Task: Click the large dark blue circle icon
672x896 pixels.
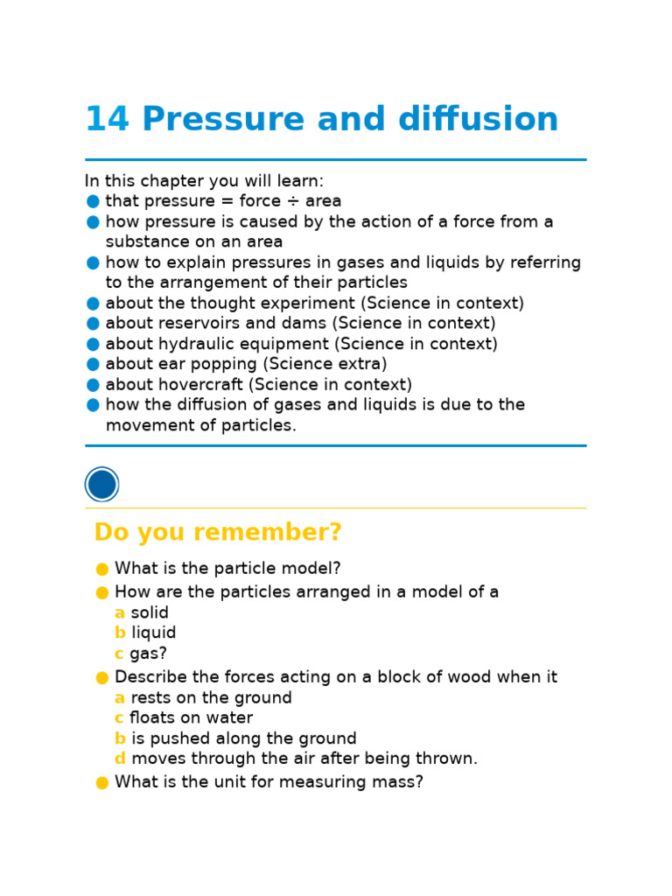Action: pos(102,485)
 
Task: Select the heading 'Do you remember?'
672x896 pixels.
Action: pos(218,533)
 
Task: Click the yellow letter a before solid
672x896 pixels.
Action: pos(119,613)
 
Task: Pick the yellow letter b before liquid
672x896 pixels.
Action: pos(120,633)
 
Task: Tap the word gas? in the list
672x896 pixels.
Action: pos(148,654)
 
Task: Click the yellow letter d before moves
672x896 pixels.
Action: pos(120,759)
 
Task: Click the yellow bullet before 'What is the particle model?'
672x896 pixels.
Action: pos(102,570)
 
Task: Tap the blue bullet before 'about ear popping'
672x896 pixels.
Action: pos(93,365)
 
